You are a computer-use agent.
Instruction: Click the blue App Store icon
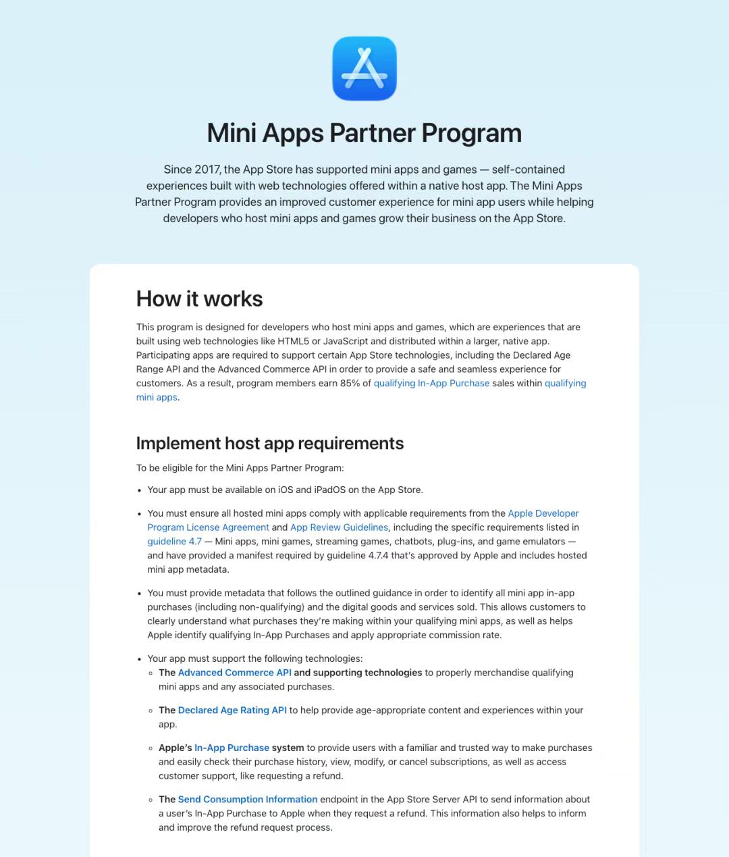pyautogui.click(x=364, y=69)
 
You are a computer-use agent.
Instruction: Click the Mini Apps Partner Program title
pyautogui.click(x=364, y=133)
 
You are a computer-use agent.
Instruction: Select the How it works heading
pyautogui.click(x=199, y=298)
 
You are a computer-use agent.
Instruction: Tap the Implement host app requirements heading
pyautogui.click(x=270, y=443)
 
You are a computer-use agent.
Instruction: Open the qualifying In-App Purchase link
pyautogui.click(x=431, y=383)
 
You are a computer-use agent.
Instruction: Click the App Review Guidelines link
pyautogui.click(x=339, y=527)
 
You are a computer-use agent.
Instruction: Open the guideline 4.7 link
pyautogui.click(x=174, y=542)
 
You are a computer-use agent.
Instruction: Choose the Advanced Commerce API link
pyautogui.click(x=234, y=673)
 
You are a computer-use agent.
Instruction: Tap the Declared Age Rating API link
pyautogui.click(x=232, y=710)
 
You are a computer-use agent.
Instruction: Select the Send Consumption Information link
pyautogui.click(x=247, y=800)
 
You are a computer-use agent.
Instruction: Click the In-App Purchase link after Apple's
pyautogui.click(x=232, y=748)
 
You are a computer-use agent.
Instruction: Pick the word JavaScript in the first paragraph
pyautogui.click(x=345, y=341)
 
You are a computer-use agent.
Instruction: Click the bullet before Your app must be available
pyautogui.click(x=140, y=491)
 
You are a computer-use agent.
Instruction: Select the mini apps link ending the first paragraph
pyautogui.click(x=157, y=397)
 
